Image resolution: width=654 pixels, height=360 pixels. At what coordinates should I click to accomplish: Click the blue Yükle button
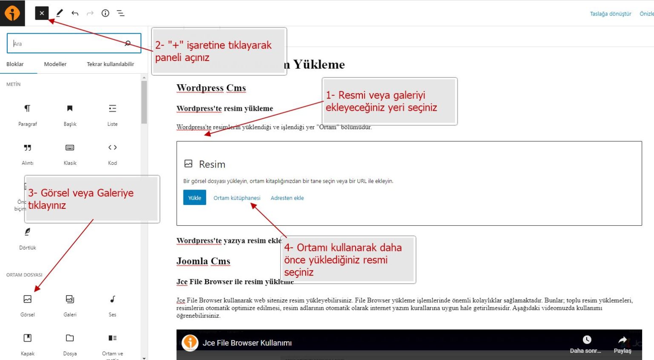point(195,198)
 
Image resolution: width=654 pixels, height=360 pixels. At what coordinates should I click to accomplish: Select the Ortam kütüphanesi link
point(237,198)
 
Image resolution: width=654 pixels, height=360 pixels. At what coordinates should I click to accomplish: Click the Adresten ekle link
point(287,198)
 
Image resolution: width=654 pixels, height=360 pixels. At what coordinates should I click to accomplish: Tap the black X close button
point(42,13)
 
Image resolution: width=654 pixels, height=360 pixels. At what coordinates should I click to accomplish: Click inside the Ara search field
point(68,43)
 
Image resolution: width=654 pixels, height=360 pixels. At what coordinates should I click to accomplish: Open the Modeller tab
point(55,64)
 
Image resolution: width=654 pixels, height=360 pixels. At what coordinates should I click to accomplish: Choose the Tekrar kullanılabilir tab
point(110,64)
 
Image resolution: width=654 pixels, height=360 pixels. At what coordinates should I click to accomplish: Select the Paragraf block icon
point(27,109)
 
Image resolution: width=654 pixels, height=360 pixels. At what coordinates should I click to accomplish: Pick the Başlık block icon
point(70,109)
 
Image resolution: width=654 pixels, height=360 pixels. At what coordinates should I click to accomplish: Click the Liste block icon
point(112,109)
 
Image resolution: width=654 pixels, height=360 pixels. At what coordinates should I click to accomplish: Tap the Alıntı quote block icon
point(27,148)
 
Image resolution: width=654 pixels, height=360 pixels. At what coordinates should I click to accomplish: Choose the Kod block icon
point(112,148)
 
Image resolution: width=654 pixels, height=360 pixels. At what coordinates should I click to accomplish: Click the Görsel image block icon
point(27,299)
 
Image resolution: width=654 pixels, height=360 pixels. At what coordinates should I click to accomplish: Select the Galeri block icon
point(70,299)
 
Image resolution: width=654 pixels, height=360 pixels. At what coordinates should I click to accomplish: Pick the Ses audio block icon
point(112,299)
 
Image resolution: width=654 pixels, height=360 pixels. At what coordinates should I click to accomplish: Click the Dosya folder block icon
point(70,338)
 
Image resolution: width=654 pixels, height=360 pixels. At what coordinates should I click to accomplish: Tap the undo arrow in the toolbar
point(75,13)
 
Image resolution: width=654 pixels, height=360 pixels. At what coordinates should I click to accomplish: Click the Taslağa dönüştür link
point(611,14)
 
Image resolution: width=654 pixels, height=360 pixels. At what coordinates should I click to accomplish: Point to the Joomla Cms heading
point(203,261)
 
